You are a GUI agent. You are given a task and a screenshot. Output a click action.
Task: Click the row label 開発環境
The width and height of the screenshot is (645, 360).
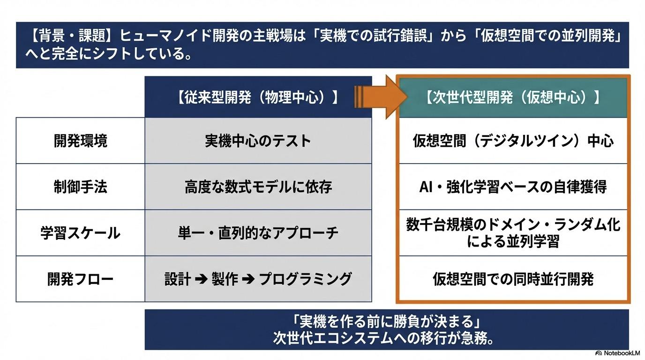click(80, 141)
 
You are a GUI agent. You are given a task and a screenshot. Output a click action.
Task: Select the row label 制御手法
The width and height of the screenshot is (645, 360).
click(80, 187)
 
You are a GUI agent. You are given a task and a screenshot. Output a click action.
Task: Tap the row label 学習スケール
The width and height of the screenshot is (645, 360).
click(80, 232)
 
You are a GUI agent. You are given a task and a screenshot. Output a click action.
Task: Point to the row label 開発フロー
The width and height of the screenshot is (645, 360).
click(80, 279)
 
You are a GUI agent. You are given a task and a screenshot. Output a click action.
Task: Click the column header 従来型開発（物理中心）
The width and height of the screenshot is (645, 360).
click(258, 97)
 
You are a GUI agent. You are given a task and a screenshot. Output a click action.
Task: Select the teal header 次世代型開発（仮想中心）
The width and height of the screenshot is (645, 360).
click(513, 97)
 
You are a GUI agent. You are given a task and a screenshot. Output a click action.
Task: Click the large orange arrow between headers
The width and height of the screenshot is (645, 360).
click(381, 97)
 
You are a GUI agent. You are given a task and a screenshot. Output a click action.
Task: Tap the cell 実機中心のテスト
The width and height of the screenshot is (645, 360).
click(258, 141)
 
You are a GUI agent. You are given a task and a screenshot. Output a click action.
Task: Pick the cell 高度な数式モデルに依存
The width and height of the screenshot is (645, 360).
click(258, 187)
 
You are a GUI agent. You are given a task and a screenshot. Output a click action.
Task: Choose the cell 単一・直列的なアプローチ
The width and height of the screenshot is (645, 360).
click(258, 232)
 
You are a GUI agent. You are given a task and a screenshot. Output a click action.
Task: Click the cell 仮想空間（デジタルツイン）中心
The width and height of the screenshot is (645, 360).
click(513, 141)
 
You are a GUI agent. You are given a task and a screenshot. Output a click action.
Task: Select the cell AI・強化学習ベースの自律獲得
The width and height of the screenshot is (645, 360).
click(513, 187)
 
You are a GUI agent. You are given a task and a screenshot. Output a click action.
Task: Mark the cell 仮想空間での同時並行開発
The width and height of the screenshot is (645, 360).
click(513, 279)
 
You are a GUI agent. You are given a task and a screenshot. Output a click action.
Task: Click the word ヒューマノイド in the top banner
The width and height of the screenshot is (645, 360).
click(165, 36)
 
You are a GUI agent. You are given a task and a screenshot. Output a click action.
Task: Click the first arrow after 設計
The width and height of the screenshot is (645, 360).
click(201, 279)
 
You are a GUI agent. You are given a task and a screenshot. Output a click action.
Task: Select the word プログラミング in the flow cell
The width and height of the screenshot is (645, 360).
click(305, 279)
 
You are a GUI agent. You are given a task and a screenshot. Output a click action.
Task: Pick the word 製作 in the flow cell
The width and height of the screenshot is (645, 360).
click(225, 279)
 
